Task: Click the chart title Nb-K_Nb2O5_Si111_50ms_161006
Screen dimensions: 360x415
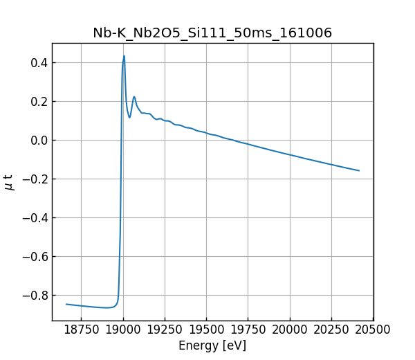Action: click(x=212, y=33)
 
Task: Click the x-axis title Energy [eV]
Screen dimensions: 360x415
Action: click(x=212, y=345)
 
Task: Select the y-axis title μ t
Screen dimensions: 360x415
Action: click(x=9, y=182)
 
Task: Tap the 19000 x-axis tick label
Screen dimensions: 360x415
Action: click(x=123, y=330)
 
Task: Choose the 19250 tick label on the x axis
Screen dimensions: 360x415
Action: click(x=165, y=330)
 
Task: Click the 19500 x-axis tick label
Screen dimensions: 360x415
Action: click(x=207, y=330)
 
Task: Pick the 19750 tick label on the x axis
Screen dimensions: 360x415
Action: click(x=248, y=330)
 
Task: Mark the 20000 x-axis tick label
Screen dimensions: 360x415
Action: click(x=290, y=330)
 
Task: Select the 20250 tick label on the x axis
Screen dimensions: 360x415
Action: click(x=332, y=330)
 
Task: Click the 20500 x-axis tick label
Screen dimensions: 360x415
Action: click(x=373, y=330)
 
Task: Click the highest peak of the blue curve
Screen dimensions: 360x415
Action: click(x=124, y=56)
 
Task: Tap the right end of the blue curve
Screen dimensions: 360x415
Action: click(x=359, y=170)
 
